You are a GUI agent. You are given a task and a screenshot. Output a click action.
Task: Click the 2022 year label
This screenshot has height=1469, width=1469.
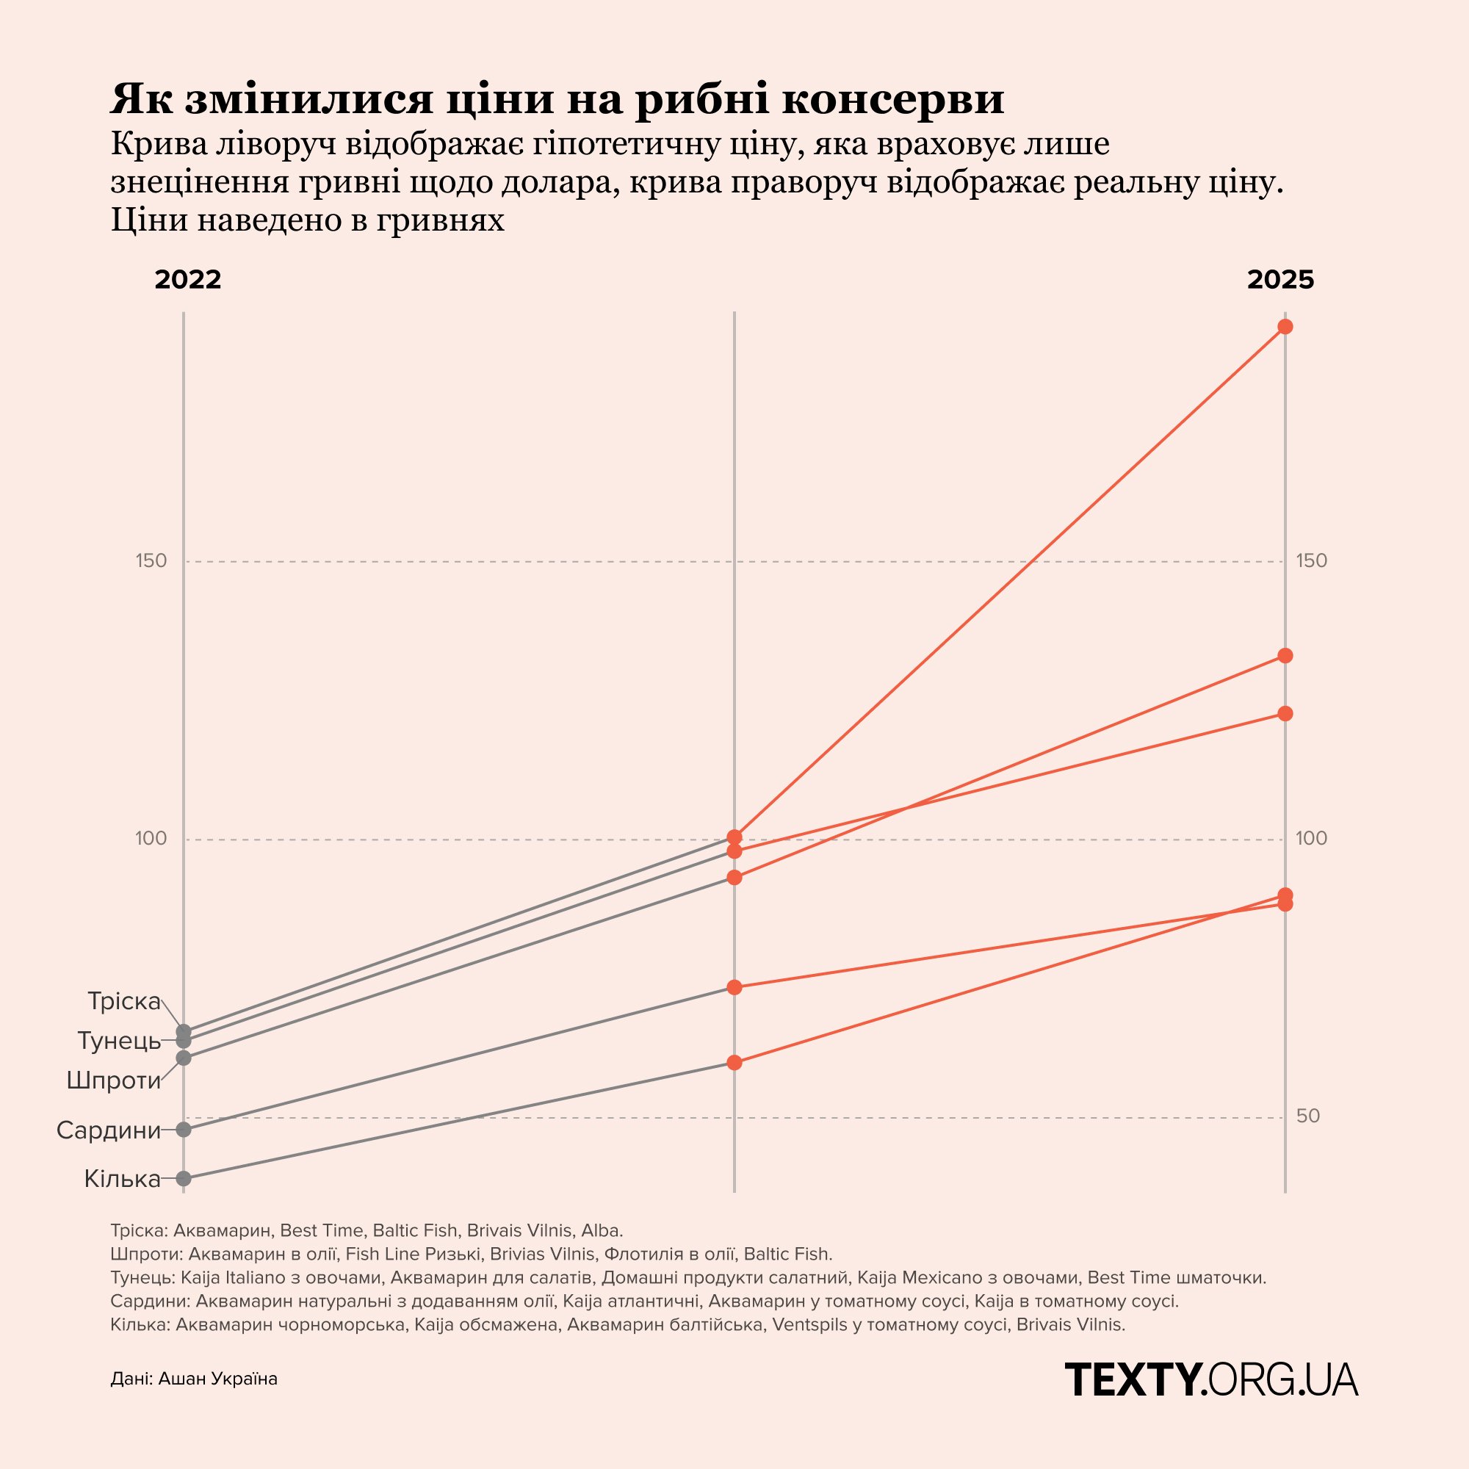click(187, 280)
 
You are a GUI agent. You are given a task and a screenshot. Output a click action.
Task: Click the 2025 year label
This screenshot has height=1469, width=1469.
click(1280, 280)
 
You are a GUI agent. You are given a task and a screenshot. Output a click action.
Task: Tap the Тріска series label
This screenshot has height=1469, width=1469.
click(124, 1001)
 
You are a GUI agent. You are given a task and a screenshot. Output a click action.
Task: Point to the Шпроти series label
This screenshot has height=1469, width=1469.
click(113, 1080)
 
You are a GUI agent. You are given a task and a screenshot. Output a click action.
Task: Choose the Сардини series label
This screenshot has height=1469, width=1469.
click(109, 1130)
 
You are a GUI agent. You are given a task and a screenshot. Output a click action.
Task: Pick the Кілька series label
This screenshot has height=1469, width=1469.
click(123, 1180)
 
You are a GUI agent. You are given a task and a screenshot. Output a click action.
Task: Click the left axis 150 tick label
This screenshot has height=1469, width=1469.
click(151, 561)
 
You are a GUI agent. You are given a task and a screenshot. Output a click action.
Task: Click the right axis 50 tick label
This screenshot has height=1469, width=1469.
click(1308, 1116)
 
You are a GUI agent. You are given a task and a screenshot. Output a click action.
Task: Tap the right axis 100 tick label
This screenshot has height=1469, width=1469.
click(1311, 839)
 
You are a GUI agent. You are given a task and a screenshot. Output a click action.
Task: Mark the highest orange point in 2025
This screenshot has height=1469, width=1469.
click(1285, 327)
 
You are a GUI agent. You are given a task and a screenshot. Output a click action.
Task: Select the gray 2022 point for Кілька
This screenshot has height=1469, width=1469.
click(183, 1179)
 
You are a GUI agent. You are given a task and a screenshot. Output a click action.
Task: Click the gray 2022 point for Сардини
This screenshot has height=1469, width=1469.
click(183, 1129)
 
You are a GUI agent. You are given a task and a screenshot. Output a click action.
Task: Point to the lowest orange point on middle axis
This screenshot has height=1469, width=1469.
click(734, 1062)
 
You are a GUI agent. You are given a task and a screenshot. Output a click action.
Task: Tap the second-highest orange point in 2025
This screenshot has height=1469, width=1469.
click(1285, 655)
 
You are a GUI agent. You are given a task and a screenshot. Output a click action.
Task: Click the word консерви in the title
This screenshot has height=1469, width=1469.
click(892, 99)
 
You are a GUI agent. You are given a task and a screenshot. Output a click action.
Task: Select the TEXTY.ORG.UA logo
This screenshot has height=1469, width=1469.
click(1211, 1379)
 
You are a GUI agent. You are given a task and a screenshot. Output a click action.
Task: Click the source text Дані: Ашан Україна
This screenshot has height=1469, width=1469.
click(194, 1379)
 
